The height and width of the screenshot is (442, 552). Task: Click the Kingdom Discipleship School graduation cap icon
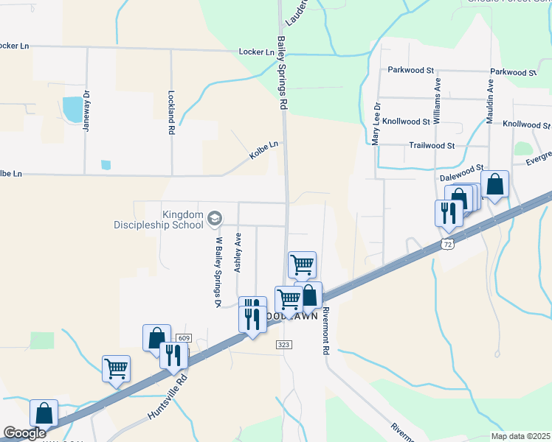point(215,217)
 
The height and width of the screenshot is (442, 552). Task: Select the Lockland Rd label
point(170,112)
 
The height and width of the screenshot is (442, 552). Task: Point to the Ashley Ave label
point(238,253)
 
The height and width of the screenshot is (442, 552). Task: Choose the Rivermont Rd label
point(325,331)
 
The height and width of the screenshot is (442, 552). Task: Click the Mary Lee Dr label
point(376,122)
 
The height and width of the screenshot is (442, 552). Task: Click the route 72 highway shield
point(446,243)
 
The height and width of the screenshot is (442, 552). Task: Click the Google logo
point(24,433)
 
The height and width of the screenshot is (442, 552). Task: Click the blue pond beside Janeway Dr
point(73,109)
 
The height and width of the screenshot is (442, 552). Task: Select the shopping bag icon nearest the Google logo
point(44,413)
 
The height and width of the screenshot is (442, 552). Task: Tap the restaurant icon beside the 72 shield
point(449,213)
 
